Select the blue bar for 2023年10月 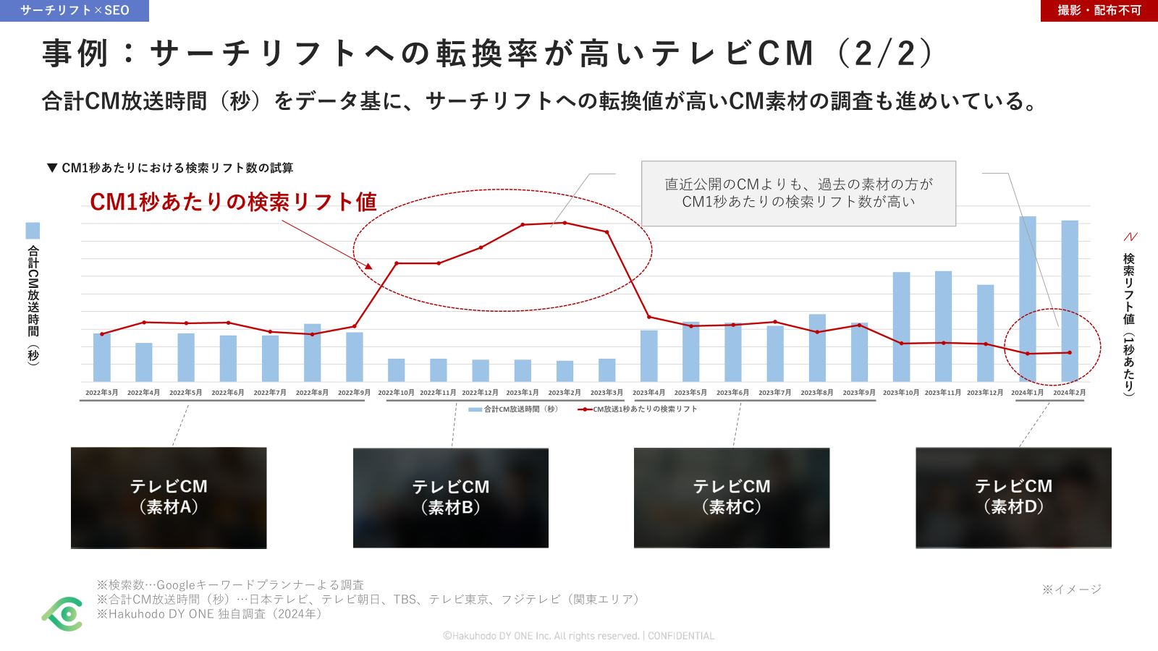(901, 327)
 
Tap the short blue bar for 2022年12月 (481, 370)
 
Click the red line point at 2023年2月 (565, 223)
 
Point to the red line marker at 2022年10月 (397, 263)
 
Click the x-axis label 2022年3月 (102, 393)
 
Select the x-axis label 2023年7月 (775, 393)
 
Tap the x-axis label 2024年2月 (1069, 393)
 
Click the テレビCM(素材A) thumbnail (169, 498)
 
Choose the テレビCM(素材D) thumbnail (1013, 498)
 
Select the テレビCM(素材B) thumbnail (451, 498)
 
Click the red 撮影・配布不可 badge (1099, 10)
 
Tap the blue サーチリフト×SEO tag (75, 10)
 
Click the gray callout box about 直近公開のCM (798, 193)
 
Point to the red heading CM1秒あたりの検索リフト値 (233, 202)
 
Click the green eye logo (63, 614)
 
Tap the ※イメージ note (1071, 590)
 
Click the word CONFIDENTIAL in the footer (680, 636)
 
